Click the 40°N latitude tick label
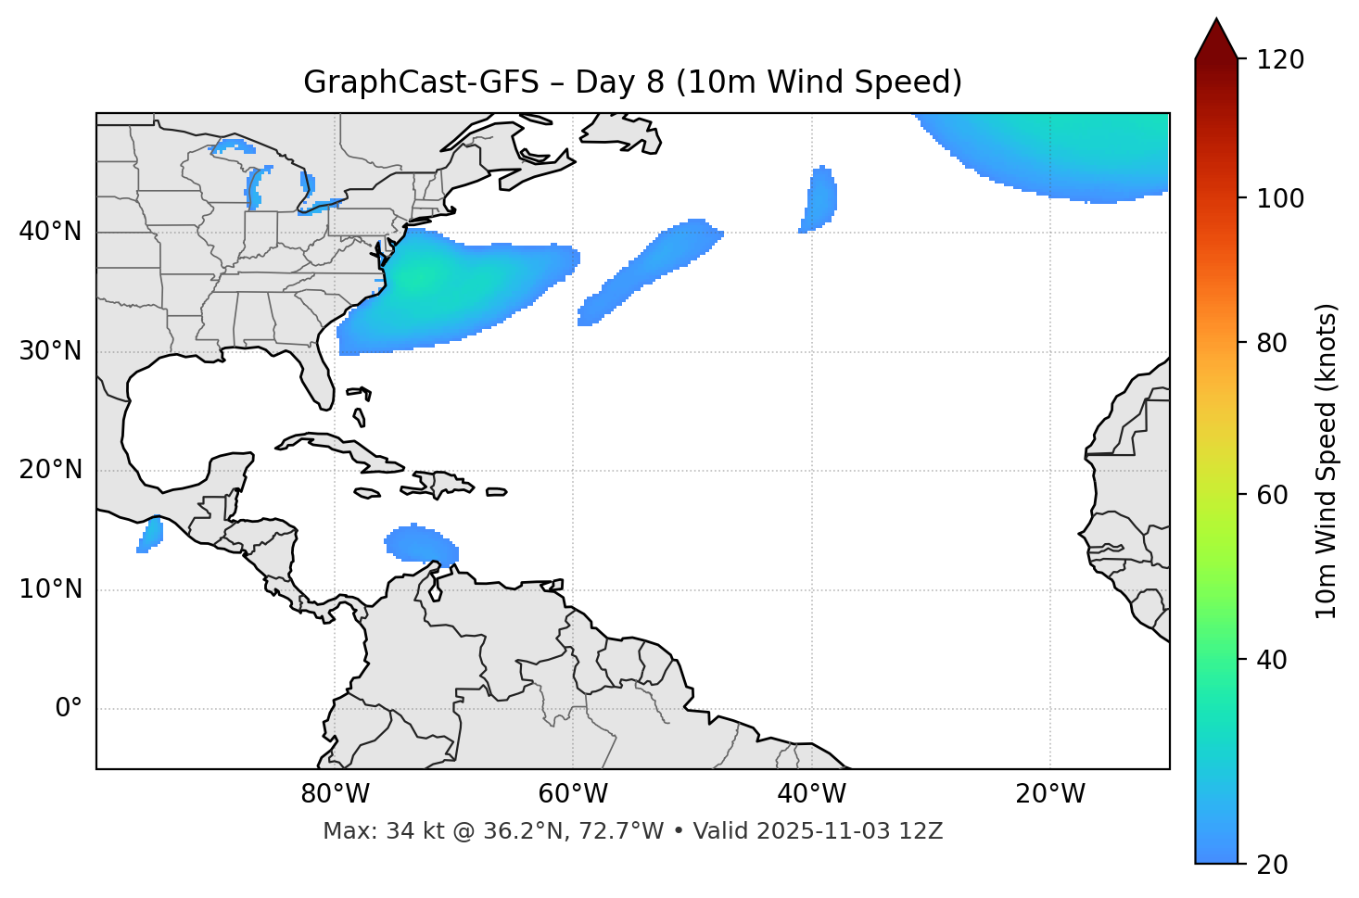50,232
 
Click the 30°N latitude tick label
50,351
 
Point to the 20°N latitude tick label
50,470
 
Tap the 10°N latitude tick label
50,589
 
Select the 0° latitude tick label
69,709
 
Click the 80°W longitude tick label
335,794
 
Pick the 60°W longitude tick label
573,794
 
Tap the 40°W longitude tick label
811,794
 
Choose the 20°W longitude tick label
1050,794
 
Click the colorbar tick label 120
1280,60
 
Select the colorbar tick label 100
1280,198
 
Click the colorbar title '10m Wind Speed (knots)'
1327,462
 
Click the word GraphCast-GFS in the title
421,82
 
